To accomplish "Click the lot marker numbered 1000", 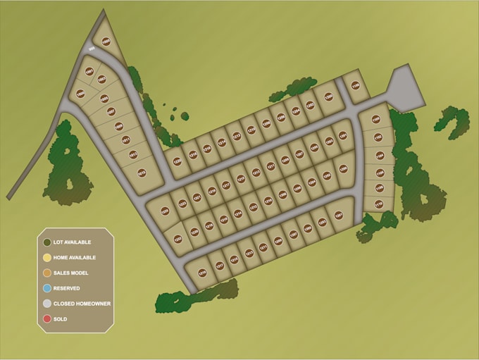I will click(x=106, y=42).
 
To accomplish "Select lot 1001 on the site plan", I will click(x=89, y=71).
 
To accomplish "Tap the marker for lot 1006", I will click(x=80, y=93).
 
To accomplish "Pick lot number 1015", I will click(x=141, y=170).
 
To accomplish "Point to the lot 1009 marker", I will click(x=119, y=127).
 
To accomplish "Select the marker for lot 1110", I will click(x=378, y=204).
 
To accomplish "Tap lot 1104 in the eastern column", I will click(x=380, y=156).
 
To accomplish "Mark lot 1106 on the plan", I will click(x=380, y=173).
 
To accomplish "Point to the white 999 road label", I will click(x=92, y=49).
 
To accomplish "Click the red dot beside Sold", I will click(x=46, y=319).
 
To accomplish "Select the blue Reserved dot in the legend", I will click(x=46, y=288).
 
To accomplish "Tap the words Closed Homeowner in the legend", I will click(x=82, y=304).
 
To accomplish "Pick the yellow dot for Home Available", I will click(x=46, y=257).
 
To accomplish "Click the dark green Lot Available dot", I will click(x=46, y=242).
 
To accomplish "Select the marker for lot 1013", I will click(x=132, y=154).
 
